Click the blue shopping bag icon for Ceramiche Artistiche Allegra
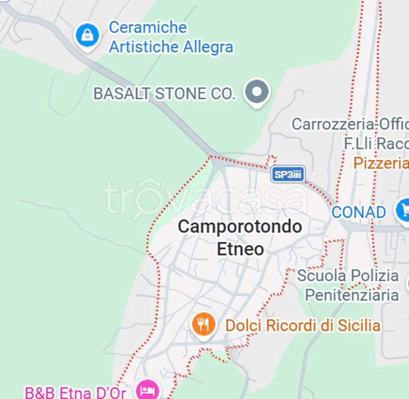[87, 35]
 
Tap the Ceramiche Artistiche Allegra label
[170, 37]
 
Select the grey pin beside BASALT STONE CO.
[257, 92]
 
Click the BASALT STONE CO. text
[164, 94]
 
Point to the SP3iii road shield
[288, 175]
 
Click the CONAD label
[359, 212]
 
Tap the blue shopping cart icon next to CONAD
[403, 210]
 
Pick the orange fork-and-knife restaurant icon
[203, 325]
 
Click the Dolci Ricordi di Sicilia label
[302, 326]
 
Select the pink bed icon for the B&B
[147, 389]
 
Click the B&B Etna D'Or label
[75, 392]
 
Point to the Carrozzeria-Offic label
[350, 124]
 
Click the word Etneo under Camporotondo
[240, 249]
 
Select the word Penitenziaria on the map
[351, 295]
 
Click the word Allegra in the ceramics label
[208, 47]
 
